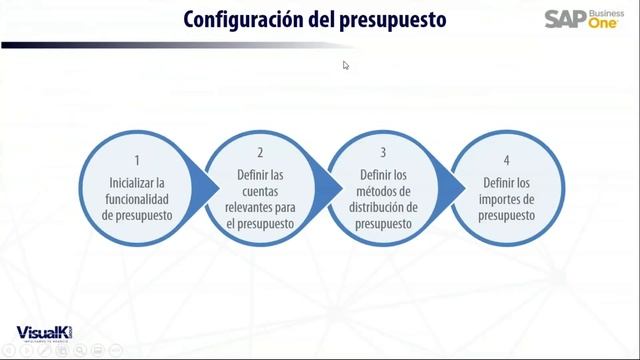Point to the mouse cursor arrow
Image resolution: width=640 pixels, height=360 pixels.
346,65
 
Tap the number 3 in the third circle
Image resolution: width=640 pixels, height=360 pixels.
383,153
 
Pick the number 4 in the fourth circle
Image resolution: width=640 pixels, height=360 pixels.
506,160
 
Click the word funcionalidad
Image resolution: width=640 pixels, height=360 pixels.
139,198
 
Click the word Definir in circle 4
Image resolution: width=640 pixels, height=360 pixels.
497,183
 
